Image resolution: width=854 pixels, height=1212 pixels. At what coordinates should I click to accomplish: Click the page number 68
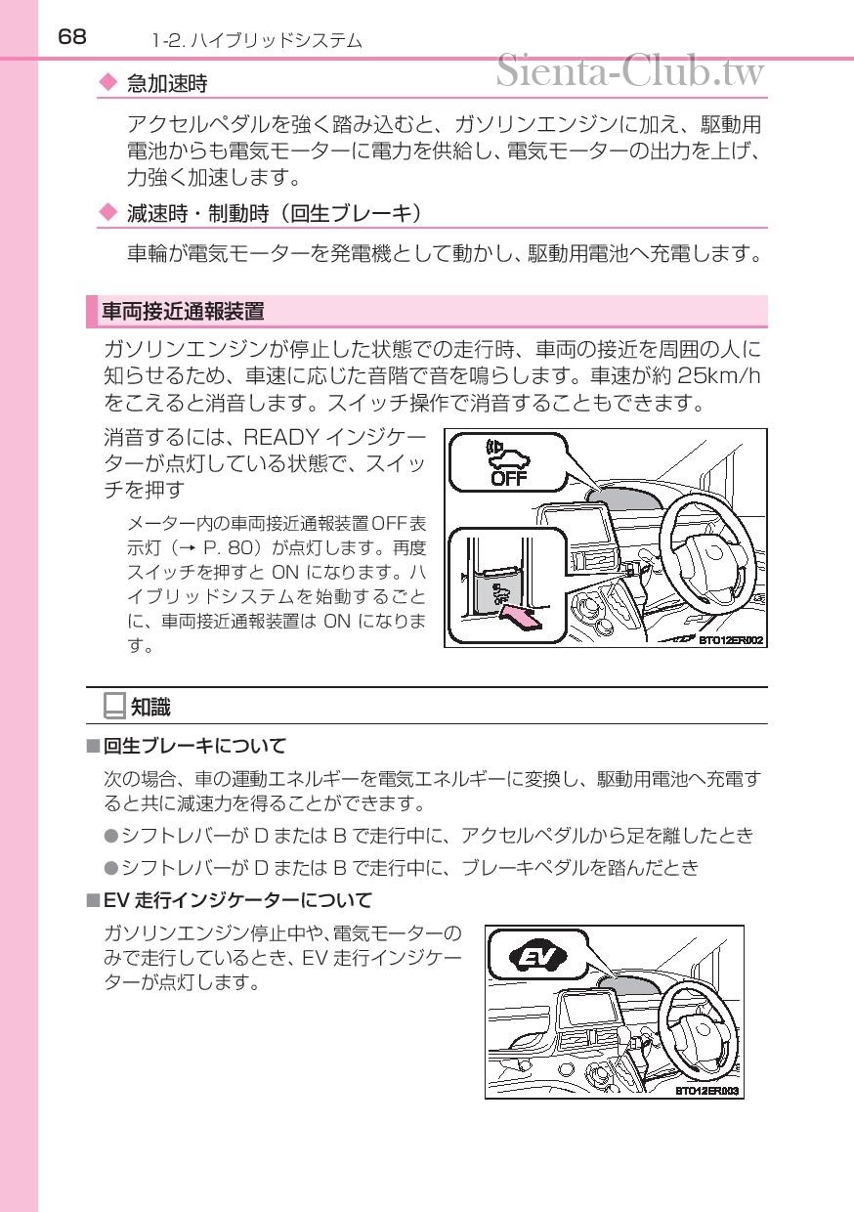click(x=72, y=37)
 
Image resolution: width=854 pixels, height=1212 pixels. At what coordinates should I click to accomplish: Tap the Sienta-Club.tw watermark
click(x=630, y=71)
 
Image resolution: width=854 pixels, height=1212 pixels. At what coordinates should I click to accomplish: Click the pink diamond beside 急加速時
click(x=108, y=83)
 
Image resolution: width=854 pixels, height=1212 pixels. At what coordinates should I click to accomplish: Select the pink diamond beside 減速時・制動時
click(x=108, y=212)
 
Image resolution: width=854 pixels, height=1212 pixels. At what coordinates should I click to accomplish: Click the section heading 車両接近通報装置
click(x=184, y=312)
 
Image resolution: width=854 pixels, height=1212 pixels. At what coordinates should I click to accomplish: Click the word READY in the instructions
click(x=281, y=437)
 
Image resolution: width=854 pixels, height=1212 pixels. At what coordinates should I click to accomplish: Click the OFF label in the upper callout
click(x=508, y=478)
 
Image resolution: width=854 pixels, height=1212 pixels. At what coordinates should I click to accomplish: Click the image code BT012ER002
click(x=731, y=640)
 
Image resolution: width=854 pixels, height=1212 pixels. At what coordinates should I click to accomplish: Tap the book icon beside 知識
click(x=114, y=706)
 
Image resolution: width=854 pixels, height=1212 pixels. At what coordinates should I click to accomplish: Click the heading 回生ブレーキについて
click(x=194, y=746)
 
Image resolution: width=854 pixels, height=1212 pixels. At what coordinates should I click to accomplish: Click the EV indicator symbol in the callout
click(x=537, y=958)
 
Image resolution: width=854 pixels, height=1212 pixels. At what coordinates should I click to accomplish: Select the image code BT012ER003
click(x=706, y=1092)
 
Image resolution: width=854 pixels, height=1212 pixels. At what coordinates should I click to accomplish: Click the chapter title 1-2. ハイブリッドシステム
click(x=257, y=41)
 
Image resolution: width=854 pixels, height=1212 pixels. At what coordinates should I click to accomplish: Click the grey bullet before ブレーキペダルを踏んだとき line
click(x=110, y=868)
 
